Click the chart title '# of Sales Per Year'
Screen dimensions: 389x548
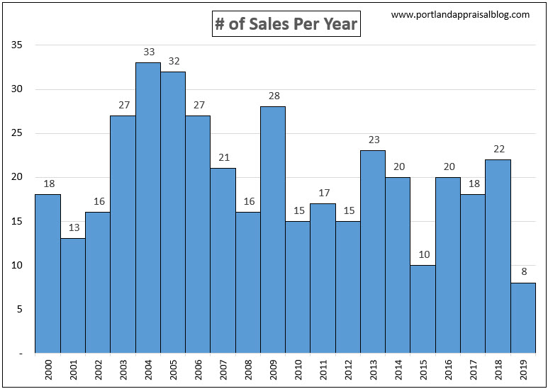286,25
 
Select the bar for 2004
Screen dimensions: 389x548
148,208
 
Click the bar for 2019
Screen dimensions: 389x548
523,317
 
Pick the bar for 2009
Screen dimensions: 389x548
273,230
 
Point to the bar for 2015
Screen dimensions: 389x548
423,309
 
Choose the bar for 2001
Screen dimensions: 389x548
73,295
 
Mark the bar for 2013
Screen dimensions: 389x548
373,252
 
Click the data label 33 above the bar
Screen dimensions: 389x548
148,52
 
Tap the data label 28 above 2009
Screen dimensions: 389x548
273,96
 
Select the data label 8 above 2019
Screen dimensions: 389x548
523,272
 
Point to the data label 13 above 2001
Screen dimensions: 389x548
73,228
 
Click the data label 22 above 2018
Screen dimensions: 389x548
498,149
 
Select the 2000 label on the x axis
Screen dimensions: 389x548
48,371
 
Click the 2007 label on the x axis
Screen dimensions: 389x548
223,371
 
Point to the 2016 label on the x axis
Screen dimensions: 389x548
448,371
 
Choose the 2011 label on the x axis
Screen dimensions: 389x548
323,371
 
